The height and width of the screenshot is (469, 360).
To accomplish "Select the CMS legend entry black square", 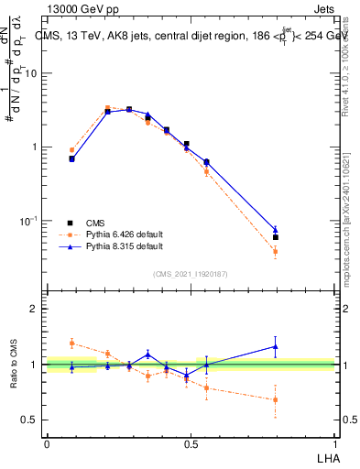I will coord(70,223).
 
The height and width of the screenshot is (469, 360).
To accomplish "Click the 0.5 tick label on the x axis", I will coord(191,442).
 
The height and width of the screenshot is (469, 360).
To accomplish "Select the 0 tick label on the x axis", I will coord(47,442).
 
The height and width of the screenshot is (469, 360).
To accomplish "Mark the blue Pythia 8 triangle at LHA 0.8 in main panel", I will coord(276,230).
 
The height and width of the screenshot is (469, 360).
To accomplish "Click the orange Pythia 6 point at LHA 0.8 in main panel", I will coord(276,251).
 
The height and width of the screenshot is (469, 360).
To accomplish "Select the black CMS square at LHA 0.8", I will coord(276,237).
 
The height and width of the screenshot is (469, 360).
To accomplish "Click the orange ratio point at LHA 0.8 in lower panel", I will coord(276,399).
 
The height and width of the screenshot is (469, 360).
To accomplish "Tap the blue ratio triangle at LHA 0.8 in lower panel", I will coord(276,346).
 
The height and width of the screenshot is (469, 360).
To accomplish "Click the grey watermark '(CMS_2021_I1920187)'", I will coord(191,273).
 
